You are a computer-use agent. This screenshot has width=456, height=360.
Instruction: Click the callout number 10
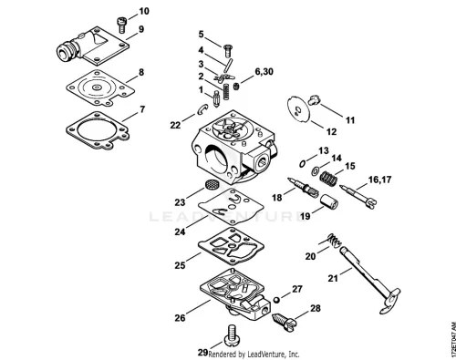click(x=144, y=11)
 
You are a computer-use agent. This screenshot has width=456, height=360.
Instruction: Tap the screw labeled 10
click(x=121, y=25)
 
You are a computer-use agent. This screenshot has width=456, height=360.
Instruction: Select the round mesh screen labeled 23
click(x=209, y=184)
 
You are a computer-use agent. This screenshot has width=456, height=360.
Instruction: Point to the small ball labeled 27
click(x=276, y=300)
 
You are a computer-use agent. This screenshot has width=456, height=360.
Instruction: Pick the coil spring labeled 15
click(x=328, y=179)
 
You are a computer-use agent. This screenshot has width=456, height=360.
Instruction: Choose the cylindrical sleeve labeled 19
click(x=328, y=201)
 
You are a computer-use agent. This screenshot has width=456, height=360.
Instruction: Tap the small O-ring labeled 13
click(x=302, y=164)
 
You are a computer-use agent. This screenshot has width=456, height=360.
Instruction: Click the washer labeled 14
click(x=315, y=171)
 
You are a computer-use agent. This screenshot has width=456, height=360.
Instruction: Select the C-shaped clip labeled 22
click(x=200, y=110)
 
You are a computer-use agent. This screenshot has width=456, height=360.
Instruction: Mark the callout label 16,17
click(x=379, y=180)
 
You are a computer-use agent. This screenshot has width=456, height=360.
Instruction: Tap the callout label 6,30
click(x=264, y=72)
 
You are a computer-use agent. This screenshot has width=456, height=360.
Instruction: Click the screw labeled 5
click(x=227, y=51)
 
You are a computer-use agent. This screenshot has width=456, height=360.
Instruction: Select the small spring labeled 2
click(x=226, y=91)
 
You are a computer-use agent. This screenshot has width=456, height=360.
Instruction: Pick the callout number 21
click(x=333, y=278)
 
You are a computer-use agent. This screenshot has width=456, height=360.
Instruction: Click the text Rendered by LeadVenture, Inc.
click(x=254, y=354)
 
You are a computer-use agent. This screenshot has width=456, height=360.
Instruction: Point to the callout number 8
click(x=141, y=73)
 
